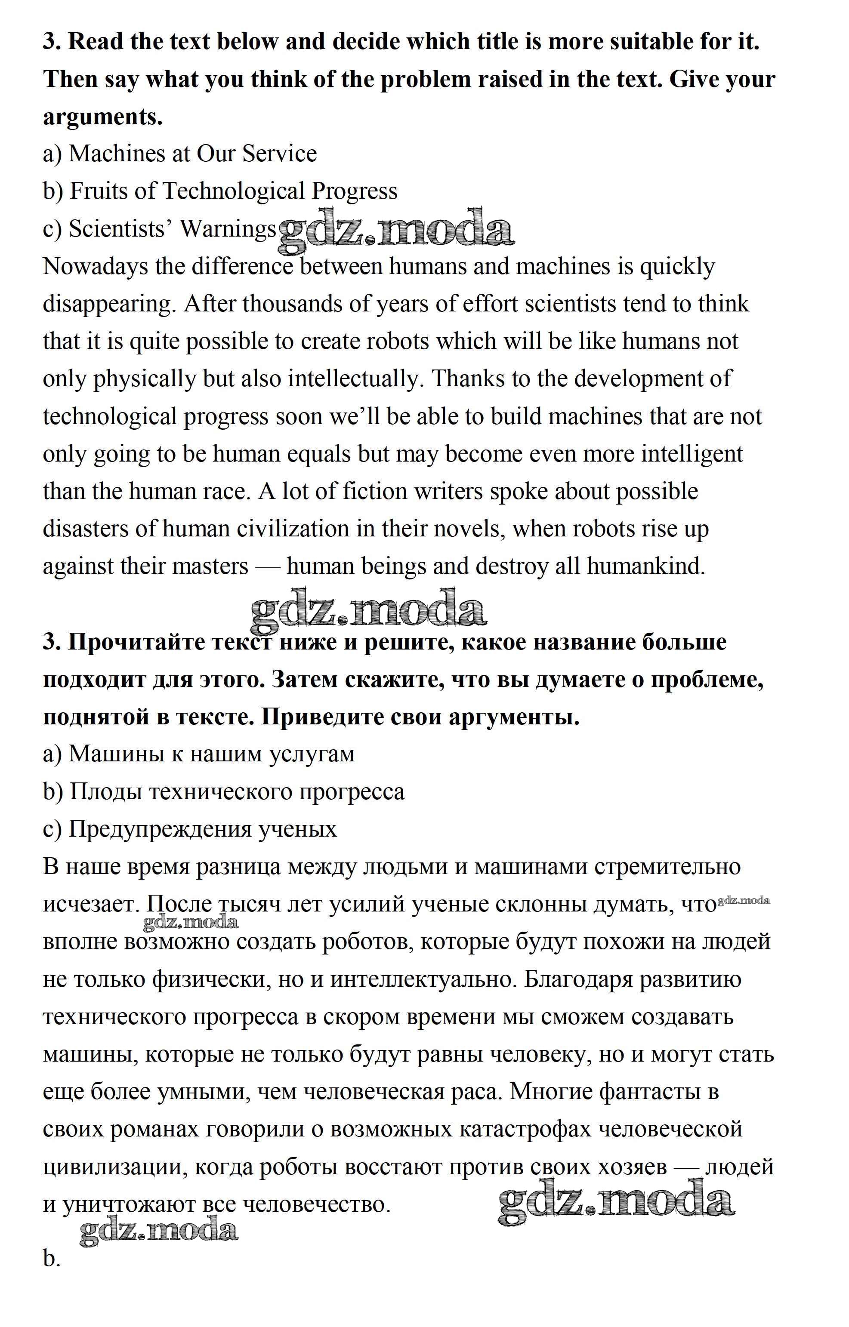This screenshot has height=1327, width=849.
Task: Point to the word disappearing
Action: click(x=108, y=305)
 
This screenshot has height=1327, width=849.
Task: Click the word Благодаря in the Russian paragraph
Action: click(x=577, y=979)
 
